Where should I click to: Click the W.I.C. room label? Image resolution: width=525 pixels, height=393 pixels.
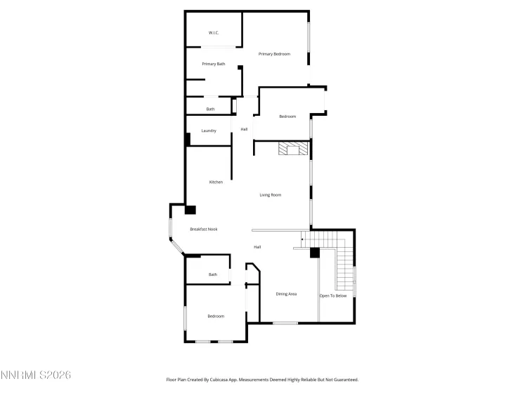click(x=214, y=33)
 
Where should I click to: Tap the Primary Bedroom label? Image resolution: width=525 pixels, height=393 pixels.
click(x=274, y=54)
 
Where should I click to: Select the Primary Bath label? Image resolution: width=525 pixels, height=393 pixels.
click(x=214, y=64)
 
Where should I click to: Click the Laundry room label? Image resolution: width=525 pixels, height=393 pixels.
click(x=209, y=131)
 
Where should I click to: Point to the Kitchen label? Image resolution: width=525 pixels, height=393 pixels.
click(x=216, y=182)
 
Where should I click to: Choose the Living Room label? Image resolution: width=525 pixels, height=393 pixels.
click(x=271, y=194)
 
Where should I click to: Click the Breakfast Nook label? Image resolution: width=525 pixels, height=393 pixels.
click(x=204, y=229)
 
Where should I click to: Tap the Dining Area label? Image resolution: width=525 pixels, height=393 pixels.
click(x=286, y=294)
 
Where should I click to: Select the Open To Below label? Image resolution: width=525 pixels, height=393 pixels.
click(x=333, y=295)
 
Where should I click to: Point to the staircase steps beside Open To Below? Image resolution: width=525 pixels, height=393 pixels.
click(x=345, y=270)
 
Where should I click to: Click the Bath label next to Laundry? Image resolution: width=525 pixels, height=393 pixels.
click(x=210, y=109)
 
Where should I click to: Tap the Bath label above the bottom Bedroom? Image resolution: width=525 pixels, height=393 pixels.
click(x=212, y=274)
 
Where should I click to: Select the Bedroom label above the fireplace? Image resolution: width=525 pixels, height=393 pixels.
click(x=287, y=116)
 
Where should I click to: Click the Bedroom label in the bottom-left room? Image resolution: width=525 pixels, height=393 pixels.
click(x=216, y=317)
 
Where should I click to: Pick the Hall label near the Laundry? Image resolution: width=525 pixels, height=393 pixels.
click(x=244, y=129)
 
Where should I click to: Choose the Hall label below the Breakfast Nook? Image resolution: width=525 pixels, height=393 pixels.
click(x=258, y=247)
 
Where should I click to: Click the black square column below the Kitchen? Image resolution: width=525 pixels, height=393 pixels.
click(x=190, y=209)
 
